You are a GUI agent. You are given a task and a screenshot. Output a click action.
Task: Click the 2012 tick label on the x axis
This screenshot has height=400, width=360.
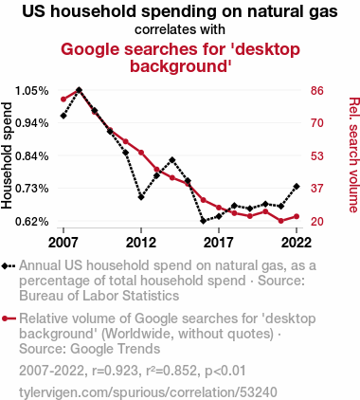(141, 243)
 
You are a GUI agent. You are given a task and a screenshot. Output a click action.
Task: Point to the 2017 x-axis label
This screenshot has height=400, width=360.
(219, 243)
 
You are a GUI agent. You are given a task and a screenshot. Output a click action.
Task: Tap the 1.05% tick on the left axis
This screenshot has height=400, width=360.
(32, 91)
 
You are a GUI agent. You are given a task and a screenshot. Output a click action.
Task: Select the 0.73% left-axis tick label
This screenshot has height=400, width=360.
(32, 189)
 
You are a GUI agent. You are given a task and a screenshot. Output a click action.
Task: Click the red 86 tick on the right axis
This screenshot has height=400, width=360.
(317, 91)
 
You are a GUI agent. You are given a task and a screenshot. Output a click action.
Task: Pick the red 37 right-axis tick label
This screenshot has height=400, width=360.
(317, 189)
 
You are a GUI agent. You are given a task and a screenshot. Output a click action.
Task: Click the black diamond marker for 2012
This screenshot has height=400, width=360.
(141, 197)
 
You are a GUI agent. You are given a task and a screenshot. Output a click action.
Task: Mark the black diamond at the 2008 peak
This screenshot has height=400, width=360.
(79, 90)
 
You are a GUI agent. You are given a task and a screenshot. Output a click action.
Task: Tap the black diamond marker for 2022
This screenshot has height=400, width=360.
(297, 186)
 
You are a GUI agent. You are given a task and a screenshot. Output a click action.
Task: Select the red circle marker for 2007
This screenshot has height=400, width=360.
(63, 100)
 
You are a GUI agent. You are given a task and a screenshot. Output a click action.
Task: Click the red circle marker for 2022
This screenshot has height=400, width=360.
(297, 216)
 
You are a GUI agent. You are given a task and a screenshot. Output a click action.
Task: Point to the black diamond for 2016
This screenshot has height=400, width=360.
(204, 221)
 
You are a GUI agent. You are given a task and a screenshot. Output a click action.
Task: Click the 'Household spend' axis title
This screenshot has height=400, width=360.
(7, 155)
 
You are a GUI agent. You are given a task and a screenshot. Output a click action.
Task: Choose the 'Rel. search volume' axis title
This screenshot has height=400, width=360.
(353, 155)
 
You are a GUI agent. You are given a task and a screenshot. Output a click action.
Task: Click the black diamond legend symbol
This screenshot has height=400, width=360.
(9, 266)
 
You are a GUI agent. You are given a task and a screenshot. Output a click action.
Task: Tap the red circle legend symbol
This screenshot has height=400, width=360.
(9, 318)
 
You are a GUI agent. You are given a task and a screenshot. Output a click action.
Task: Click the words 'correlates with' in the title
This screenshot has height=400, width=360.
(180, 29)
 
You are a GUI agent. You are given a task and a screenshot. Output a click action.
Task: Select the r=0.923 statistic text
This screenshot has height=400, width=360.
(115, 371)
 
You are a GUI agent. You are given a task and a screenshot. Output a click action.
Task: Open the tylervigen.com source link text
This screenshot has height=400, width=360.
(148, 392)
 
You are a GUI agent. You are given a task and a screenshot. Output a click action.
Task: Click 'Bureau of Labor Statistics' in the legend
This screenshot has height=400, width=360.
(99, 296)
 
